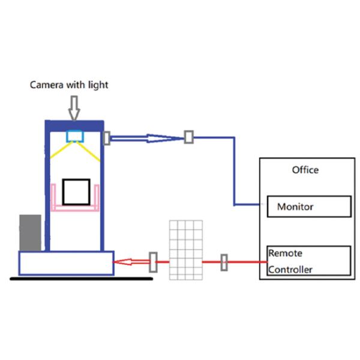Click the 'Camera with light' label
pos(69,85)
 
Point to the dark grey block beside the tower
pos(30,233)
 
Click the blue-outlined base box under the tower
pos(66,263)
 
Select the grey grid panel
pos(186,250)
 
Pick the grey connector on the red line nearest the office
pos(224,262)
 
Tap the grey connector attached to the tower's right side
pos(107,138)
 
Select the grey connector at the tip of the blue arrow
pos(189,137)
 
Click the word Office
pos(305,170)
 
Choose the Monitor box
pos(308,207)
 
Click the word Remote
pos(285,253)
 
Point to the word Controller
pos(290,270)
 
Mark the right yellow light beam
pos(91,152)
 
